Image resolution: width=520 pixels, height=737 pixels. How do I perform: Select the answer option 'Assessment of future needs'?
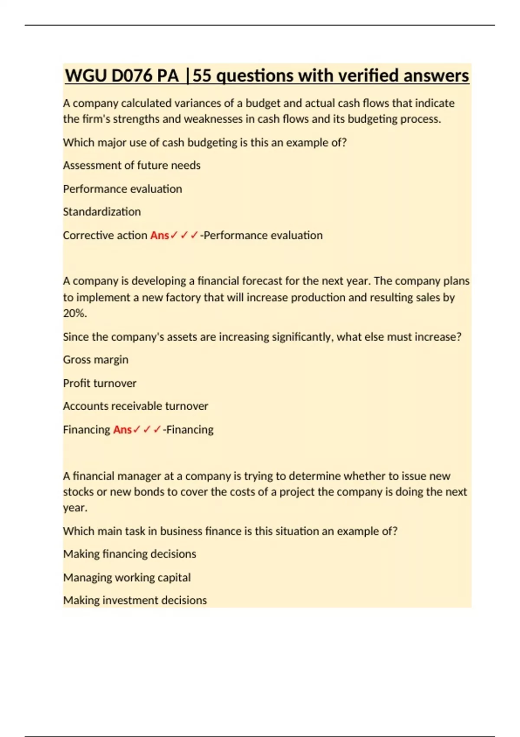click(132, 165)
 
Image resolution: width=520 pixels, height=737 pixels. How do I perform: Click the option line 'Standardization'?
click(102, 212)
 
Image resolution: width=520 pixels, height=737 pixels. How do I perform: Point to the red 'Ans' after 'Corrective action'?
click(159, 235)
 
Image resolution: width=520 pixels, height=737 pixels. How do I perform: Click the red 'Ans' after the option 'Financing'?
click(122, 429)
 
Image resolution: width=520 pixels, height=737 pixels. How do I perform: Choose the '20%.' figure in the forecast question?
click(75, 313)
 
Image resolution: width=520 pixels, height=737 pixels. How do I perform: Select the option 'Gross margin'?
click(96, 359)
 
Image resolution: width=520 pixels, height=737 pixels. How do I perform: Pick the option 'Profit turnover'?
click(100, 383)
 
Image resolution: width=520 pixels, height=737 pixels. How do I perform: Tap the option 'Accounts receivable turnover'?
click(136, 406)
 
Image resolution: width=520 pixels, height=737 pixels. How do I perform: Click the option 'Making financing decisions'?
click(130, 554)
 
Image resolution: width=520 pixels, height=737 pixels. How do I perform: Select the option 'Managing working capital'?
click(127, 577)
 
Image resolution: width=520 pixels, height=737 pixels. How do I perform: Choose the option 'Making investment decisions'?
click(135, 600)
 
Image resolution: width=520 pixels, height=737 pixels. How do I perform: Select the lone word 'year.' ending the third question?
click(75, 507)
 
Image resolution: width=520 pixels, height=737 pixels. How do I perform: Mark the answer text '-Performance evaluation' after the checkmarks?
click(261, 235)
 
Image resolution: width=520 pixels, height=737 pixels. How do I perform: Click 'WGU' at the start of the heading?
click(85, 76)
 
